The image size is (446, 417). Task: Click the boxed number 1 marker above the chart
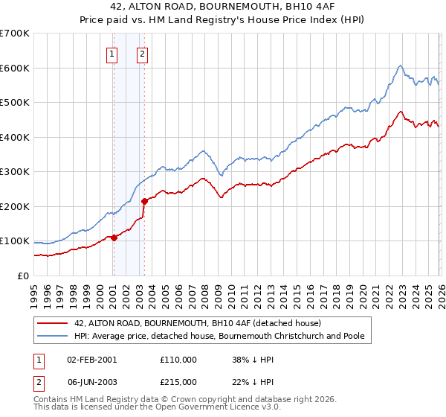click(112, 53)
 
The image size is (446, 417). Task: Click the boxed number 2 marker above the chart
click(142, 53)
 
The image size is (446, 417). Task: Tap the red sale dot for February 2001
click(114, 238)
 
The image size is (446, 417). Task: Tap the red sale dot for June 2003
click(144, 200)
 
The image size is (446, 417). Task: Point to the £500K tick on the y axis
click(15, 102)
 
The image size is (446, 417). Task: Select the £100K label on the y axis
click(15, 241)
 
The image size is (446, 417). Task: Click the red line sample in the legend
click(51, 324)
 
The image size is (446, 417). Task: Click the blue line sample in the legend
click(51, 337)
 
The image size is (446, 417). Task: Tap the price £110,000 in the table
click(178, 359)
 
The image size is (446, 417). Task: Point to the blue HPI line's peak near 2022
click(400, 66)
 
